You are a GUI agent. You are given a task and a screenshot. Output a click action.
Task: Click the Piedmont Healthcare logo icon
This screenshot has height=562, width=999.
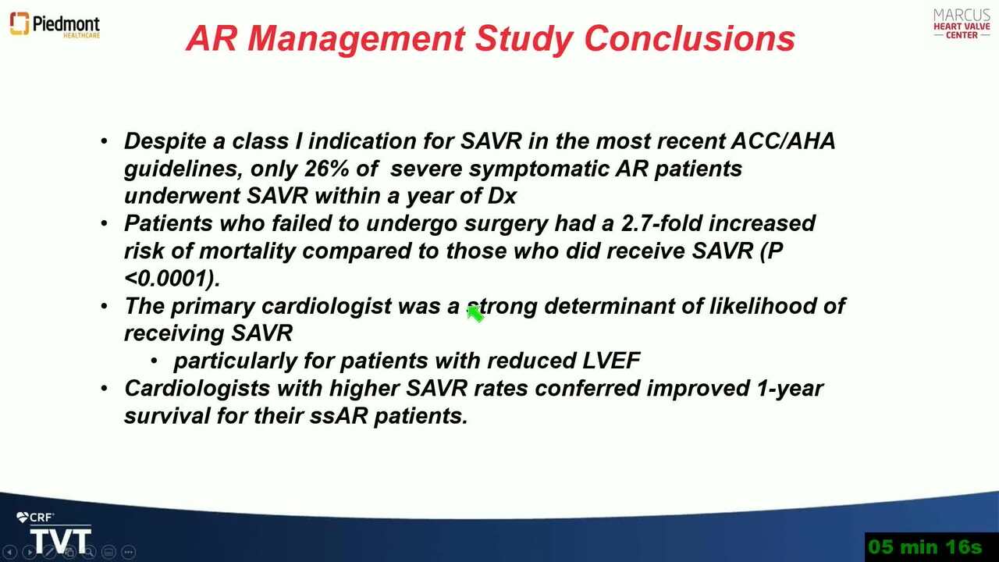click(20, 23)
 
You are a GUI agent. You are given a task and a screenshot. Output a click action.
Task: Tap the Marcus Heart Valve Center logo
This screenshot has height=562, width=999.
click(962, 24)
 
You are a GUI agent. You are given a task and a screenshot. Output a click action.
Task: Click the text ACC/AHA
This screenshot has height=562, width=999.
click(783, 141)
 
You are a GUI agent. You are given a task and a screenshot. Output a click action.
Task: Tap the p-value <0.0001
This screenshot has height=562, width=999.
click(172, 279)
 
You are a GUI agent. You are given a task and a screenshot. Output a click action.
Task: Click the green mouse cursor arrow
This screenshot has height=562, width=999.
click(475, 314)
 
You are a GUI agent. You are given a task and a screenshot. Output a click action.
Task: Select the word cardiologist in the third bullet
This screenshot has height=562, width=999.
click(326, 307)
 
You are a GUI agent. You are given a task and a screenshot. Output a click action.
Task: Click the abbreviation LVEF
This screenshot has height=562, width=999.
click(611, 361)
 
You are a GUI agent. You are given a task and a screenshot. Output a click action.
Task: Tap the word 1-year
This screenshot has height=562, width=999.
click(789, 389)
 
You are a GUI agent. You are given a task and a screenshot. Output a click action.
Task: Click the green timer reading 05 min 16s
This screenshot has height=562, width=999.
click(926, 546)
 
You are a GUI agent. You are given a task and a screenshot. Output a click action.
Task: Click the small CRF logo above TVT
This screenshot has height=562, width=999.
click(35, 518)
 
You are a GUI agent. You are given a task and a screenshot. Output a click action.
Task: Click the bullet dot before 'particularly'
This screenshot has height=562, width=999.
click(154, 361)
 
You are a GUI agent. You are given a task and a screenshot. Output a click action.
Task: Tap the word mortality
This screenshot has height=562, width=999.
click(247, 251)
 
